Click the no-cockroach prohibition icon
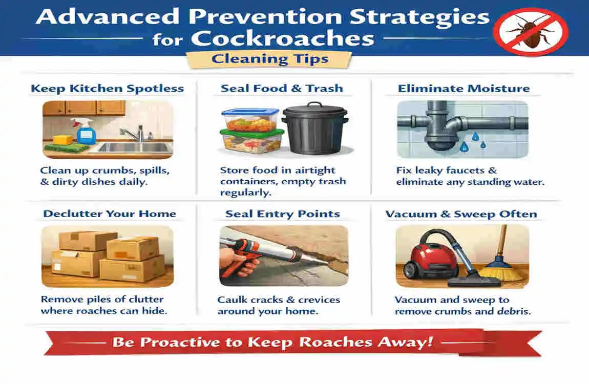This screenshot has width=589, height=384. [530, 32]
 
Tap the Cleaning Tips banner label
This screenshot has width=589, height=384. [270, 59]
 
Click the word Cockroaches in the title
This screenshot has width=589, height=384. [283, 39]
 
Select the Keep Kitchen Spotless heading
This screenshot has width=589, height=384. [108, 88]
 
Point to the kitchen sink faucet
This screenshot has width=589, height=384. [134, 133]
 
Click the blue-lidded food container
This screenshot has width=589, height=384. [250, 119]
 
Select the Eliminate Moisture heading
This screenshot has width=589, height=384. [464, 89]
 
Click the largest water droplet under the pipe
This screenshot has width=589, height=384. [465, 146]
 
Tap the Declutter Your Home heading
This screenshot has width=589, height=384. [110, 214]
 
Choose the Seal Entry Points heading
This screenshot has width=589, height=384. [283, 214]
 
